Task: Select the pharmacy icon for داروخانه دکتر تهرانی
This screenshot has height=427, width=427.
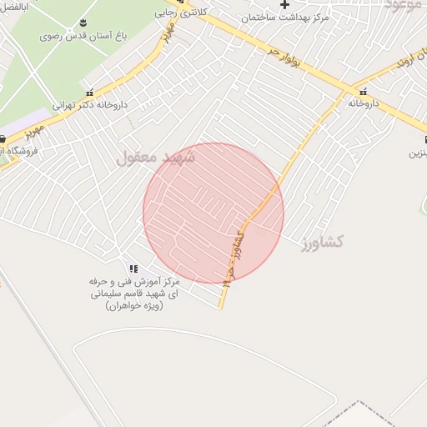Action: coord(89,92)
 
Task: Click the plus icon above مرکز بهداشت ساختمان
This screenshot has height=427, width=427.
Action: coord(285,4)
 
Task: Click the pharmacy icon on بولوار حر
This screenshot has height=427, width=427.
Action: coord(364,92)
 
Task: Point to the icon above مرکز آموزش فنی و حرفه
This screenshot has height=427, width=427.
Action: coord(133,269)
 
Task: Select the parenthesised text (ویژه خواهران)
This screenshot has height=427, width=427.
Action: coord(134,306)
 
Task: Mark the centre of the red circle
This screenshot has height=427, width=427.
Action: coord(213,213)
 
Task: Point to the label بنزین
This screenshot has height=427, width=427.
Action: coord(417,153)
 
